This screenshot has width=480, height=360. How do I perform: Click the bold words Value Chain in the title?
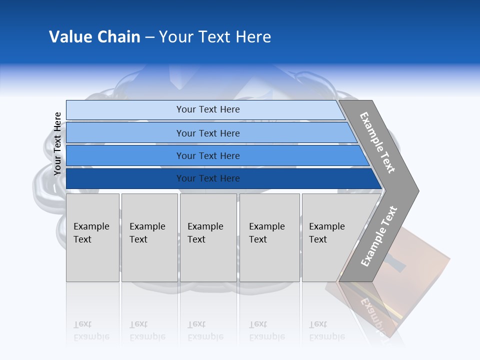[94, 37]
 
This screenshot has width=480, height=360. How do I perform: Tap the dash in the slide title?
[149, 37]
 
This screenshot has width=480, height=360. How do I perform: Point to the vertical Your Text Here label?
[57, 143]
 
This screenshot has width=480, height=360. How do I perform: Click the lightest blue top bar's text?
[208, 109]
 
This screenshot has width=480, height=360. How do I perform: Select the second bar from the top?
[208, 133]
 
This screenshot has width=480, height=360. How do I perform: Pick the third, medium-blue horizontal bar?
[208, 155]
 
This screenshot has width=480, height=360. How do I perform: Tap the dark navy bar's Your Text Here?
[208, 178]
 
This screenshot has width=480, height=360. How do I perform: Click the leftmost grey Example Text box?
[92, 237]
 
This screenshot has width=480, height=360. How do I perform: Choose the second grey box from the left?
[149, 237]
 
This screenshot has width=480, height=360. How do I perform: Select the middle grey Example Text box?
[208, 237]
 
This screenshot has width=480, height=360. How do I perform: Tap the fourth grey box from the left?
[269, 237]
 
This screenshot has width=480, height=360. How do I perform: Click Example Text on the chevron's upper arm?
[377, 142]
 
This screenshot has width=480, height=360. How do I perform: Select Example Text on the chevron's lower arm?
[378, 236]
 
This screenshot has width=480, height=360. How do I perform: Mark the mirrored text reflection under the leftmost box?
[91, 330]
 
